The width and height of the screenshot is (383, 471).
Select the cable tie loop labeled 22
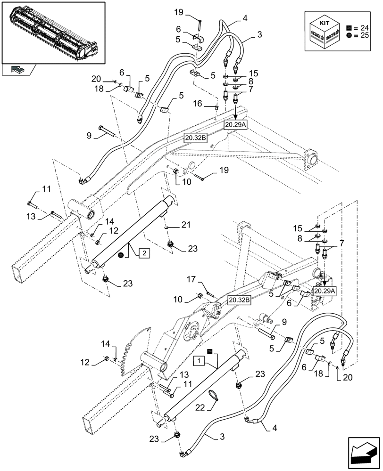pyautogui.click(x=212, y=396)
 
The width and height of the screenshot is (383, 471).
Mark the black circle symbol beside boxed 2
pyautogui.click(x=121, y=255)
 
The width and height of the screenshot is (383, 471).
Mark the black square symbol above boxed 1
pyautogui.click(x=210, y=350)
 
